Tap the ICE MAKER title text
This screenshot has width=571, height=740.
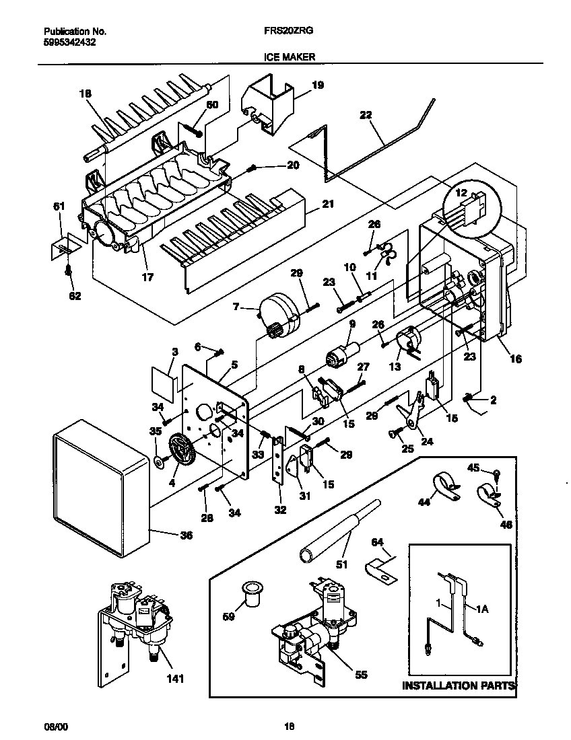pyautogui.click(x=285, y=58)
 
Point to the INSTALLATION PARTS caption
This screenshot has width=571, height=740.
pyautogui.click(x=459, y=686)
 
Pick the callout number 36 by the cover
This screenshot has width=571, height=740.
pyautogui.click(x=185, y=535)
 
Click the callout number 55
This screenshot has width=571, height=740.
pyautogui.click(x=361, y=675)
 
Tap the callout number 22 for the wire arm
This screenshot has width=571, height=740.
pyautogui.click(x=365, y=115)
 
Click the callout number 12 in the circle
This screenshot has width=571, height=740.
pyautogui.click(x=461, y=193)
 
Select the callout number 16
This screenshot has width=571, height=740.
pyautogui.click(x=516, y=359)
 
